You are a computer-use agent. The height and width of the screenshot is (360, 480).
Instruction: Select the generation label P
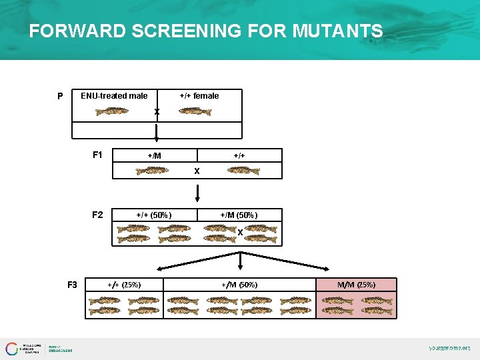point(60,96)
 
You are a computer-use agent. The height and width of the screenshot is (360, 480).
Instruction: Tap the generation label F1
point(97,155)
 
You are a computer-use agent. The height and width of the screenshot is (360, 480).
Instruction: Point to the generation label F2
point(97,215)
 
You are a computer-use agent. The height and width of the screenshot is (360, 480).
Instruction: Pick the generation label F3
point(72,285)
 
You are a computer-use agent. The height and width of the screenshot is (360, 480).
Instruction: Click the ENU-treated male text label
point(114,96)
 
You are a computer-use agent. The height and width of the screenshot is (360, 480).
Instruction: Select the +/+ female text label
point(199,96)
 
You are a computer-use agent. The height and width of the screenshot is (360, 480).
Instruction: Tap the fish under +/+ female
point(195,111)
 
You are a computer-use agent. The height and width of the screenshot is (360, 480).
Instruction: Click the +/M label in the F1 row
point(154,155)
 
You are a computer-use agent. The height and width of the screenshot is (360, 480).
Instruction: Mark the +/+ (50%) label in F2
point(154,215)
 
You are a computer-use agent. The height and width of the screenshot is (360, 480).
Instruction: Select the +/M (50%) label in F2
point(239,215)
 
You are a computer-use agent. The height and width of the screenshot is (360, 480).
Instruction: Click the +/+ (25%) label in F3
point(124,285)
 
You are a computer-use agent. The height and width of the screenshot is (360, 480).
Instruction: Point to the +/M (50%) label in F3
point(239,285)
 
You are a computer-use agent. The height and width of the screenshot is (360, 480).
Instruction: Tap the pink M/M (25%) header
point(356,285)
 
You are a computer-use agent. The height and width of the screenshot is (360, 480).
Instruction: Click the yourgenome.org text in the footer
point(449,348)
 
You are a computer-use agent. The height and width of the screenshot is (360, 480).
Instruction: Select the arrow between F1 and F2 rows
point(197,193)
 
